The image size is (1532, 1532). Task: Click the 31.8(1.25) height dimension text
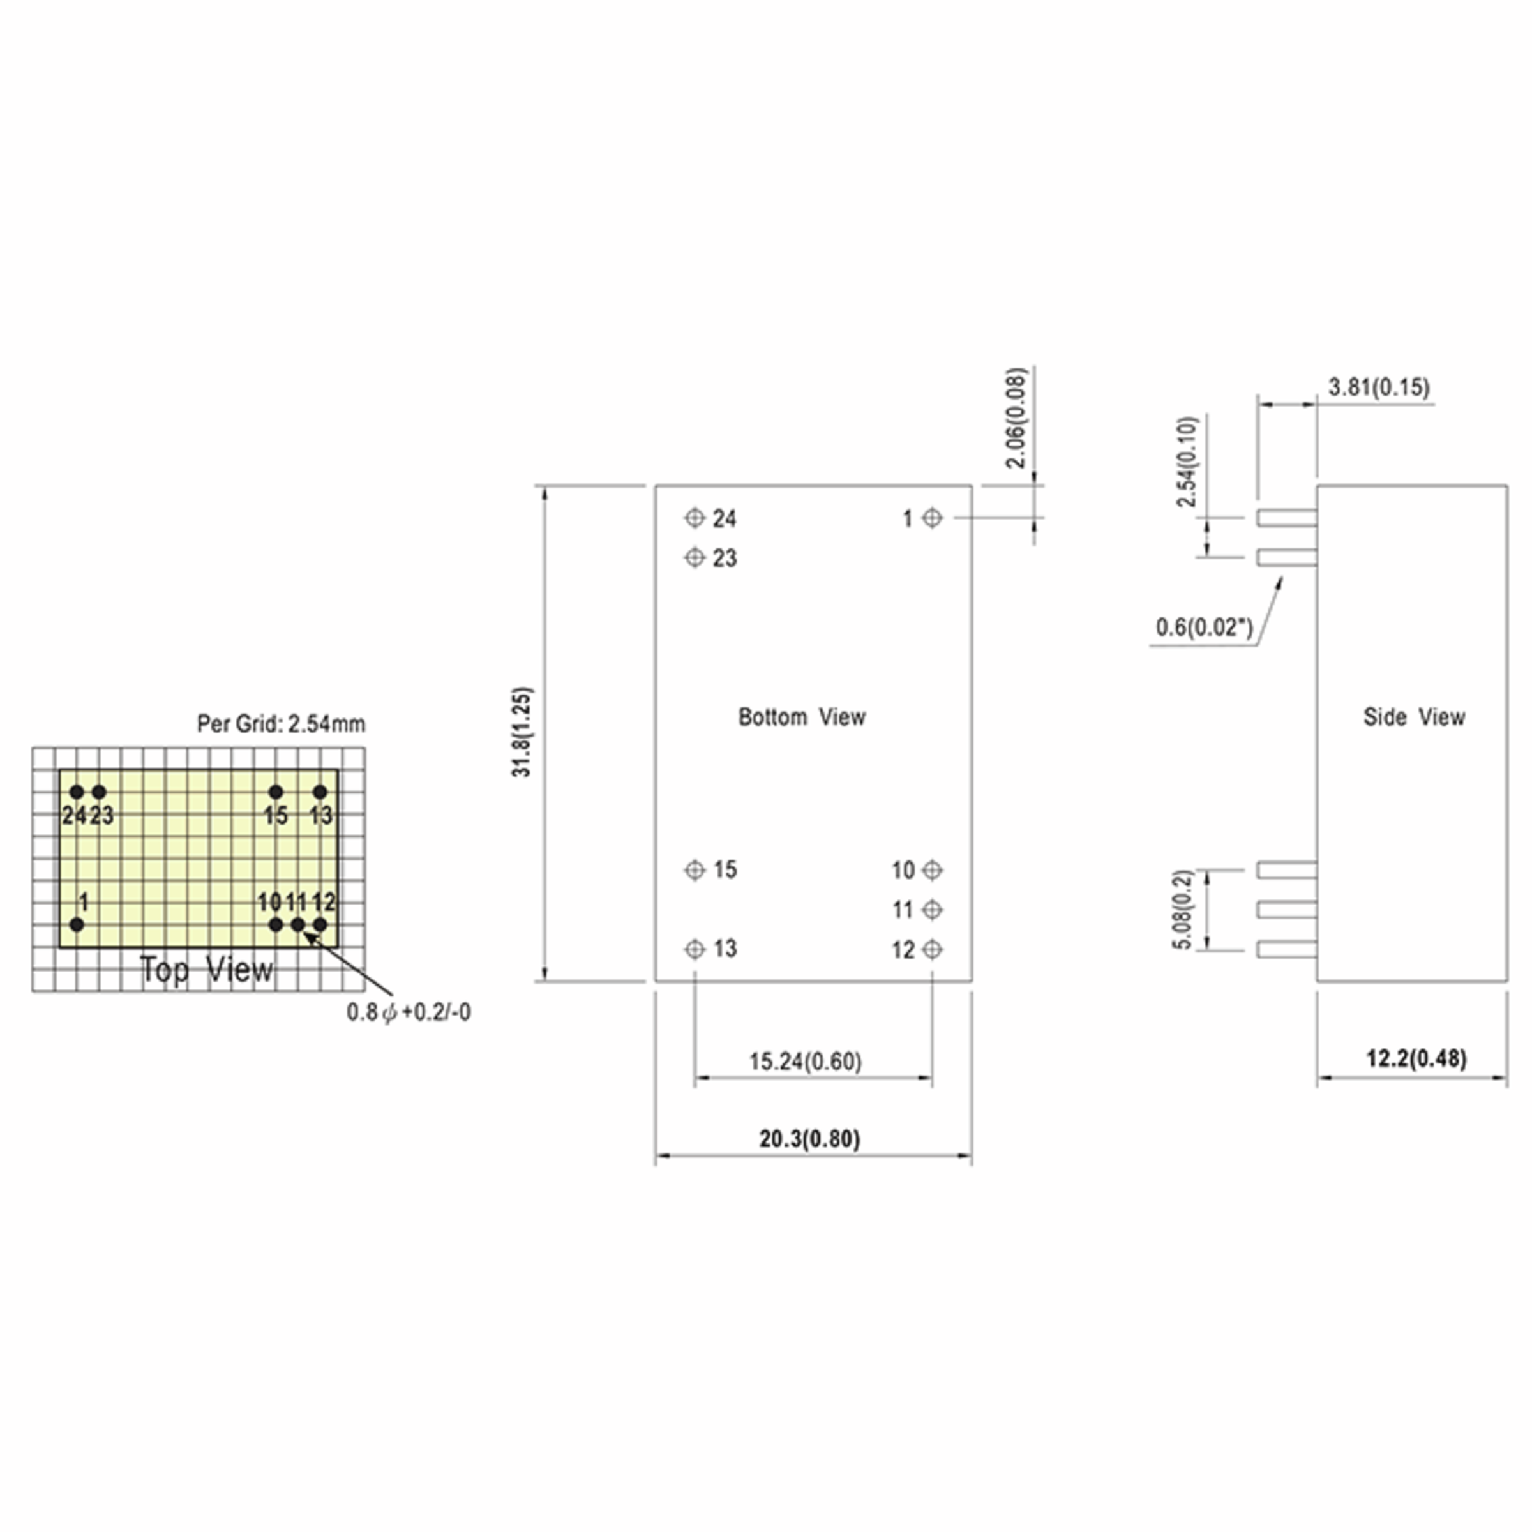click(x=522, y=732)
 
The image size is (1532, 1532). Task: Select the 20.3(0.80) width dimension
click(x=809, y=1139)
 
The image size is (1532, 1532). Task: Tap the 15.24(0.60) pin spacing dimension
click(x=806, y=1061)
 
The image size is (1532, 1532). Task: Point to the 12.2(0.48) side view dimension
click(x=1416, y=1058)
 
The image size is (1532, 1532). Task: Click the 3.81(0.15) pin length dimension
click(x=1379, y=387)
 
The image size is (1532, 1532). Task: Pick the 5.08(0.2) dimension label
click(x=1182, y=910)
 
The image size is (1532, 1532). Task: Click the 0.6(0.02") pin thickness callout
click(x=1205, y=627)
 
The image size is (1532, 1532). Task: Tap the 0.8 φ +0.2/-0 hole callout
click(x=409, y=1012)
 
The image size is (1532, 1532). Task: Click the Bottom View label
click(x=802, y=717)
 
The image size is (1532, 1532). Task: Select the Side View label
click(x=1414, y=717)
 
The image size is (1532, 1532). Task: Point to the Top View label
click(x=206, y=969)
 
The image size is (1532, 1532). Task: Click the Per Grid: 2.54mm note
click(x=282, y=724)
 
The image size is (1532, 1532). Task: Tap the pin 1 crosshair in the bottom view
click(x=933, y=518)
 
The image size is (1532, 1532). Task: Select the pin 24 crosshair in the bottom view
click(x=695, y=518)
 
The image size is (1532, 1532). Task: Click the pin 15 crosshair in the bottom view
click(x=695, y=870)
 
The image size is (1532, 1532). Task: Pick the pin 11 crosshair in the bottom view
click(x=933, y=910)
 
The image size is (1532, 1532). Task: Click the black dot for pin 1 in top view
click(x=77, y=924)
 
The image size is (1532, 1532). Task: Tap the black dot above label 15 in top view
click(x=276, y=792)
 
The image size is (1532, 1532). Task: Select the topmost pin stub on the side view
click(x=1286, y=518)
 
